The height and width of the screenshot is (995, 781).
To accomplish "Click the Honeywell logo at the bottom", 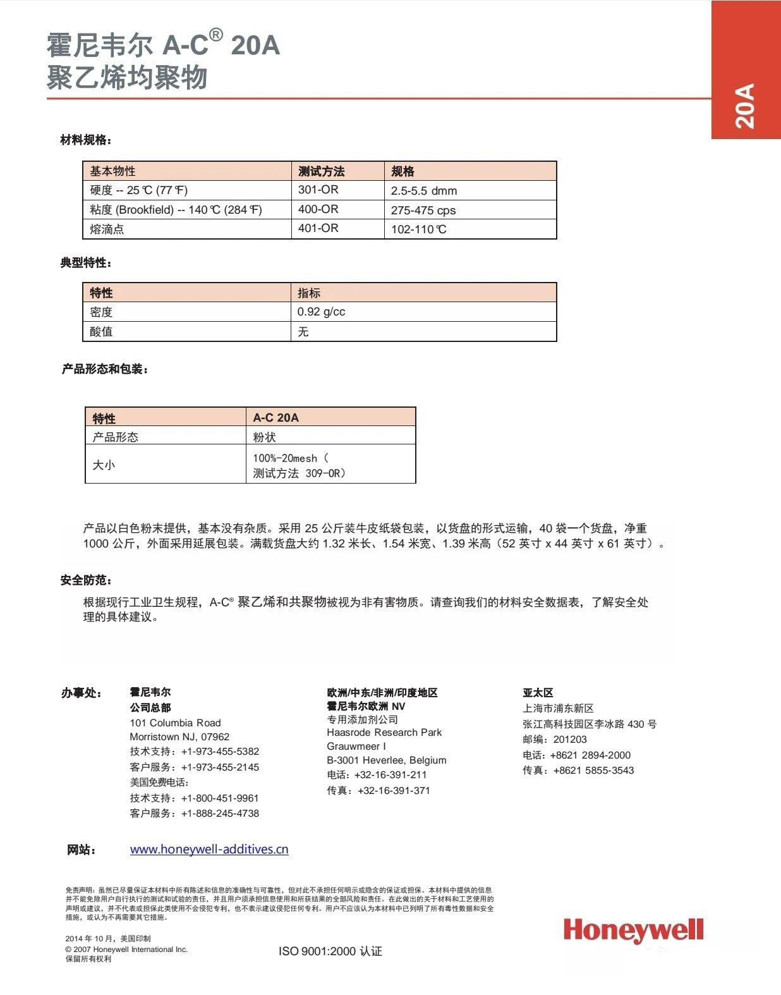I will [633, 931].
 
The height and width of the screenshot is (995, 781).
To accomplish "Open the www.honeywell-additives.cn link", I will [209, 850].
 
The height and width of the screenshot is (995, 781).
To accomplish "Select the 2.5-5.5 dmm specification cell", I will [424, 191].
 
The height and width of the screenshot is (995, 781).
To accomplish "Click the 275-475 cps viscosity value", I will [423, 211].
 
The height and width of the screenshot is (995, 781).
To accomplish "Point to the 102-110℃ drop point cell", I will [419, 229].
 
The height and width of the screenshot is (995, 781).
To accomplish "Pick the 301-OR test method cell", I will [318, 190].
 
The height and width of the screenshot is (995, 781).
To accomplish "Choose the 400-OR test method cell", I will [318, 209].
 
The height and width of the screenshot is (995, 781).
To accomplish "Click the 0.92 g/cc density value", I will [321, 312].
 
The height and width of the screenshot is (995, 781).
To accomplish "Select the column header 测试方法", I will [321, 171].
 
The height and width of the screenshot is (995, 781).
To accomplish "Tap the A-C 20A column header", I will [275, 418].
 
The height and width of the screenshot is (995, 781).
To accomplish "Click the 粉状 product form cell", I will [264, 437].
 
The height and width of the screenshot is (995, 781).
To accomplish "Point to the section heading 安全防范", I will [86, 580].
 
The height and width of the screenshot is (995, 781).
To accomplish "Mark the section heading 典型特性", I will [86, 263].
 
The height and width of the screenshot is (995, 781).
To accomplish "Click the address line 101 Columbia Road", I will [175, 723].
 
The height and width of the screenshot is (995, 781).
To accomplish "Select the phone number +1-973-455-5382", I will [220, 752].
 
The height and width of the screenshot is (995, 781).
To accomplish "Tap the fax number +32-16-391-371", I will [394, 791].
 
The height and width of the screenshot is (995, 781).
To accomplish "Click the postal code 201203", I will [570, 740].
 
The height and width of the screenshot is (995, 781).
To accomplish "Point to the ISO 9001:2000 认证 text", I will [330, 951].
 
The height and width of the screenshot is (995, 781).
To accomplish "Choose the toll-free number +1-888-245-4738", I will [220, 814].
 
